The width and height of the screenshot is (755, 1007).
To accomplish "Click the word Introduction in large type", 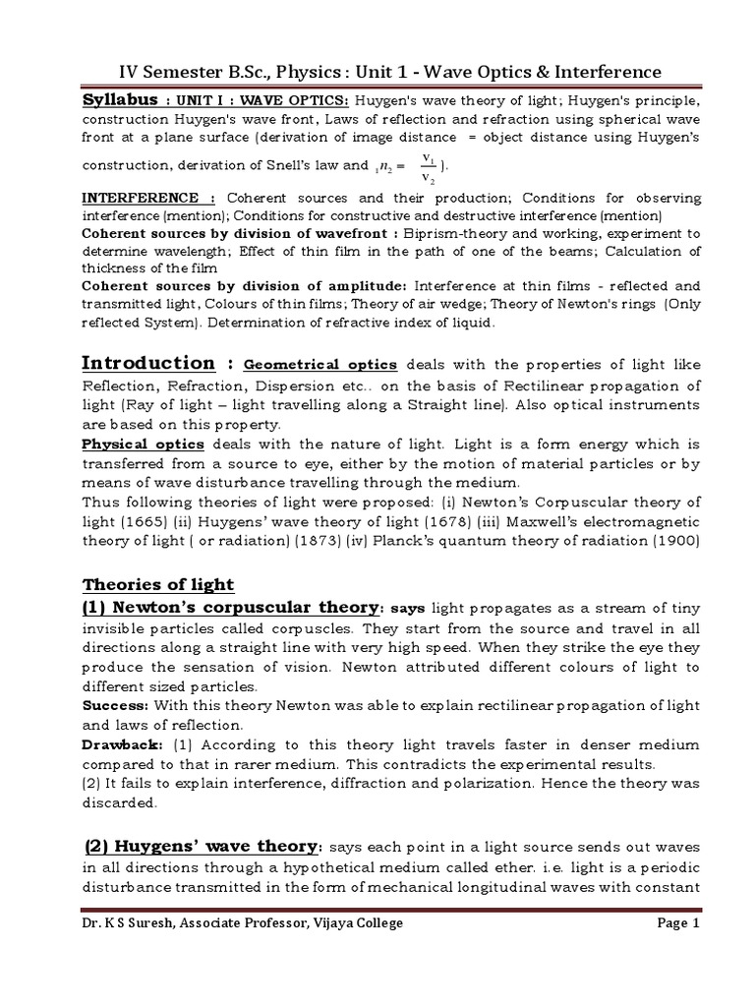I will point(147,363).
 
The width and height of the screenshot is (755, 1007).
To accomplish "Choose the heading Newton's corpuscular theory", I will point(230,607).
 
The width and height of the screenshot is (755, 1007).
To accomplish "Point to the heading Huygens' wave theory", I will point(201,847).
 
